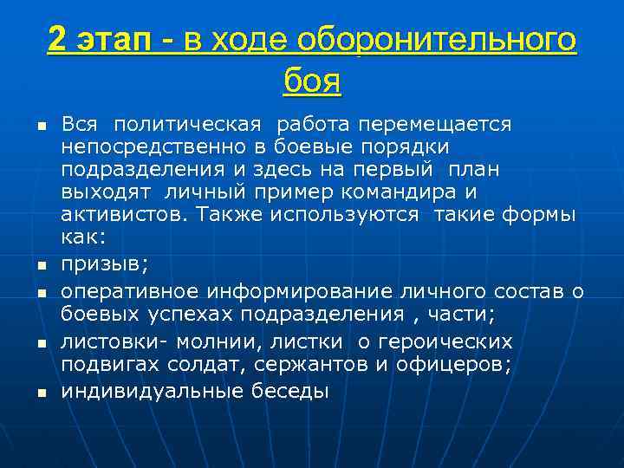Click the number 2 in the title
coord(58,39)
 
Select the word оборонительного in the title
coord(436,39)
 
